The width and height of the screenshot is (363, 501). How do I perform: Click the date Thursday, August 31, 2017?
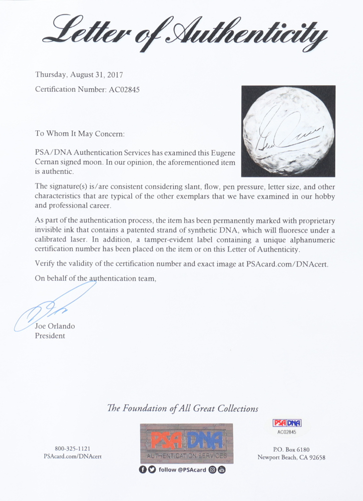pos(79,75)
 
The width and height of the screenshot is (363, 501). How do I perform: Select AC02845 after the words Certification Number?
pos(123,90)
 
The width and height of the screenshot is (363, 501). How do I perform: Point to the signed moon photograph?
pos(288,131)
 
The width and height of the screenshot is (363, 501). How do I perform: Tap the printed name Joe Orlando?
pos(55,326)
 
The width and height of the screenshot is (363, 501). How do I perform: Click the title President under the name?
pos(50,336)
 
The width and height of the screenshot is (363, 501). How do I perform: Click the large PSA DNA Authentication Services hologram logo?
pos(186,444)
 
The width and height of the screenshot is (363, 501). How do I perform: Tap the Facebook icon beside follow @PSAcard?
pos(143,470)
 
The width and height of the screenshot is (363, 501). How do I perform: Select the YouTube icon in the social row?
pos(222,470)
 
